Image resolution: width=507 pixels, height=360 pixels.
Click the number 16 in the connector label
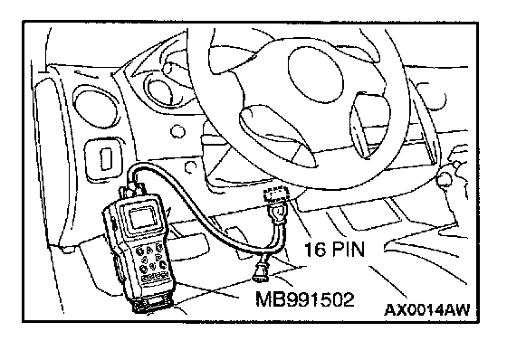click(x=315, y=250)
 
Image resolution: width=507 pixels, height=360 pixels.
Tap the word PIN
click(x=349, y=250)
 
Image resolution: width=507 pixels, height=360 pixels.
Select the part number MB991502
click(x=305, y=299)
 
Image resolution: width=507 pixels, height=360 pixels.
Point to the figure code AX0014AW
click(x=426, y=310)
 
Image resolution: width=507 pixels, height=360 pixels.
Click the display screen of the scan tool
click(x=143, y=218)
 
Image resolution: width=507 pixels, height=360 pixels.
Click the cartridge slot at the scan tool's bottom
click(x=153, y=303)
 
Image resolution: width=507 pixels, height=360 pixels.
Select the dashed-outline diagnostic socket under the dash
click(x=276, y=194)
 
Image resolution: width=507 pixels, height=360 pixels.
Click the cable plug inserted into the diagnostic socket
click(x=276, y=214)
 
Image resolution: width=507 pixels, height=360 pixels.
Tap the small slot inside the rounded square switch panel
click(x=106, y=159)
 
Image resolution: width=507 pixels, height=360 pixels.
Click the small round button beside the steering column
click(x=177, y=132)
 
